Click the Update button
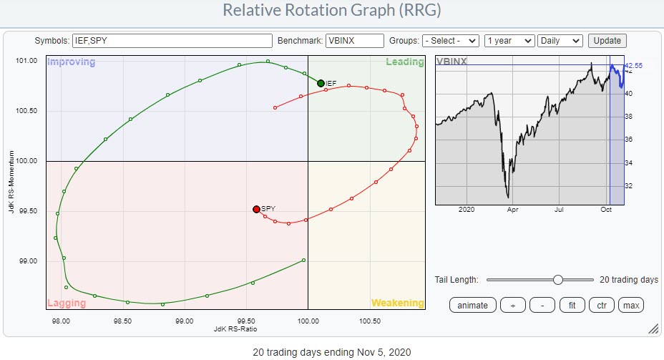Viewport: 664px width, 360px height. point(607,41)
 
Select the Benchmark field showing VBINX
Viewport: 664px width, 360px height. point(353,41)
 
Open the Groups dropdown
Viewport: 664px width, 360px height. point(450,41)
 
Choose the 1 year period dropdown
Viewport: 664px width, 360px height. point(509,41)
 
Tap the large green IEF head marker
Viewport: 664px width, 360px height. point(321,84)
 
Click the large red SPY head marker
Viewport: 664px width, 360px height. point(256,209)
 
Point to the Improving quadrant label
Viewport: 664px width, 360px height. point(71,62)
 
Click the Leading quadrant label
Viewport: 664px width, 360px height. point(405,62)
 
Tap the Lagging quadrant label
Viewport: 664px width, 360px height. point(67,303)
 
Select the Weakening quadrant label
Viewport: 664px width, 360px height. point(397,303)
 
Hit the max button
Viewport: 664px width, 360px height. point(631,305)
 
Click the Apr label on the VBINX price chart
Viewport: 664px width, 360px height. point(512,210)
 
